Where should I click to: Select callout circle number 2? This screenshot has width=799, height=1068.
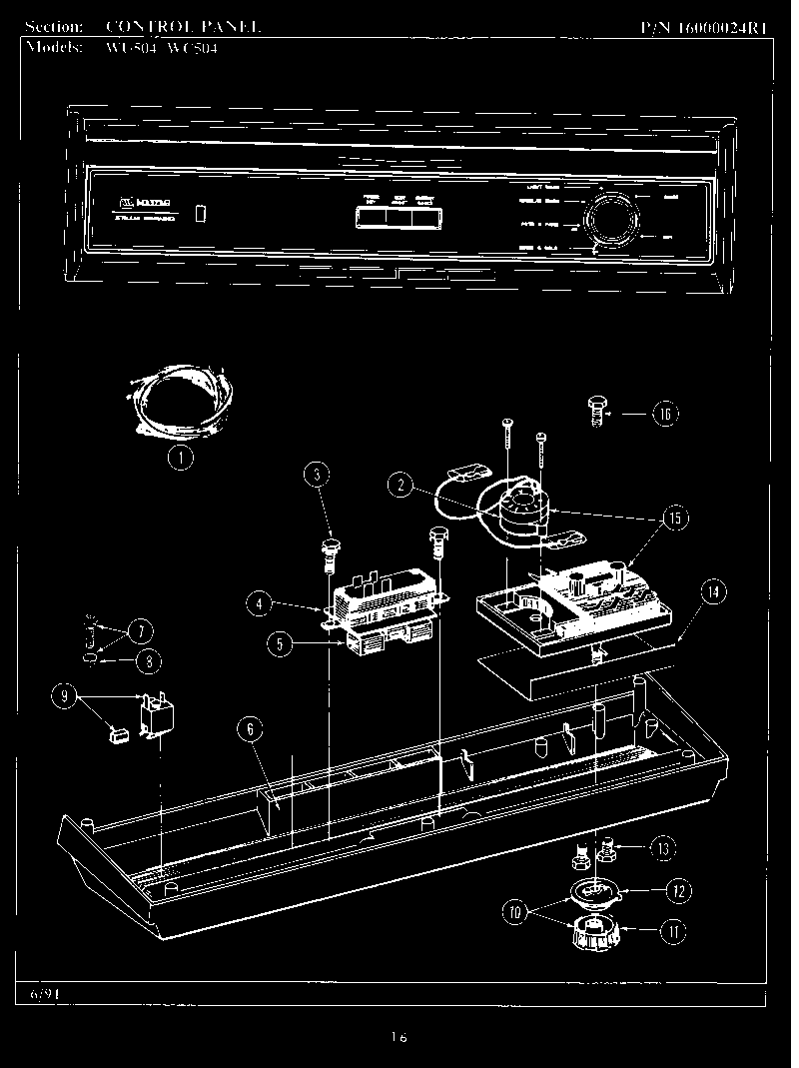[x=400, y=487]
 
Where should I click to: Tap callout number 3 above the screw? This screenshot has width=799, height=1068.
[x=316, y=474]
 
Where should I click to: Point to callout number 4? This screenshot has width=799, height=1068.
[x=259, y=602]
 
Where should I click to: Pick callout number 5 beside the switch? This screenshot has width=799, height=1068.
[x=281, y=644]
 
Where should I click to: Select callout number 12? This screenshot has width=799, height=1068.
[x=680, y=889]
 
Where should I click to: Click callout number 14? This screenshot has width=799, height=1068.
[x=711, y=591]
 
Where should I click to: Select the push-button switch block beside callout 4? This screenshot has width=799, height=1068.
[x=385, y=599]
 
